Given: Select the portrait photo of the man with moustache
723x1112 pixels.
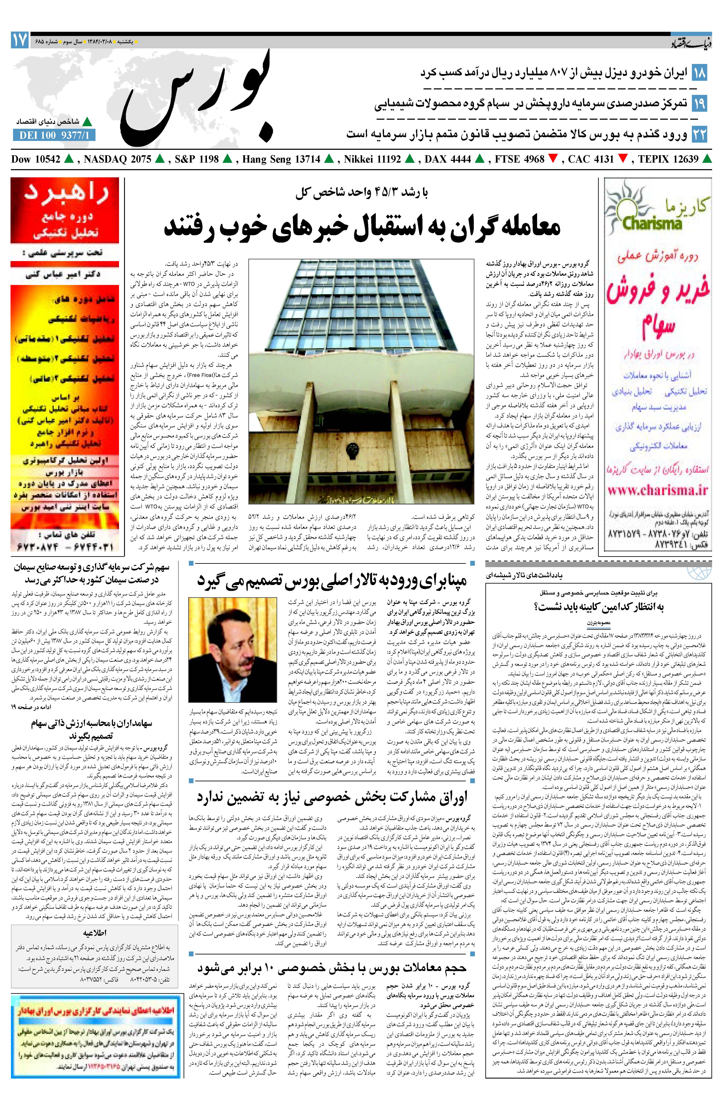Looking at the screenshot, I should [x=232, y=649].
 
